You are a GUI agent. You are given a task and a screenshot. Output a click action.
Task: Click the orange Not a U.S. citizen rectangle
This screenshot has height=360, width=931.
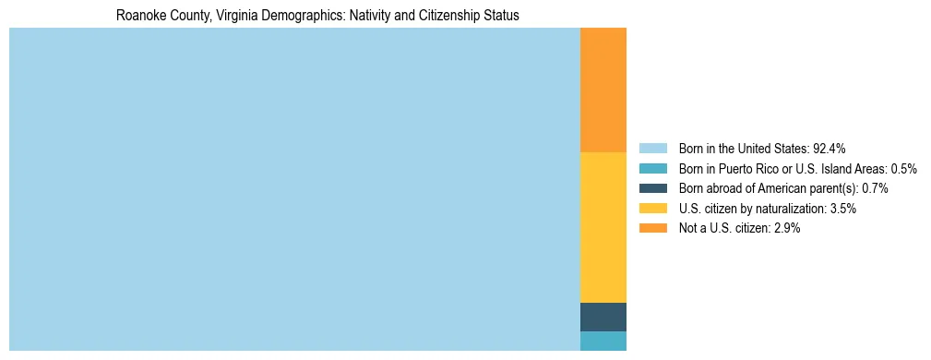(x=603, y=90)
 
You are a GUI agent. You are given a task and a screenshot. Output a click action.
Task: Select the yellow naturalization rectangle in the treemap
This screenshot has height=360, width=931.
(x=603, y=227)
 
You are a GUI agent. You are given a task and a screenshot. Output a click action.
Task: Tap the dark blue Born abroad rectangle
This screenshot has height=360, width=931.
(x=603, y=317)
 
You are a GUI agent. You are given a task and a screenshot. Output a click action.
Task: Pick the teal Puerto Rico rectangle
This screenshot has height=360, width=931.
(x=603, y=341)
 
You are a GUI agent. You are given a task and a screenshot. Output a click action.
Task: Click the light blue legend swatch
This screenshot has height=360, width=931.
(x=652, y=148)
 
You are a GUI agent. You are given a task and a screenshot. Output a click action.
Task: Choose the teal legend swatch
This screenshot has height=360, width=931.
(x=652, y=168)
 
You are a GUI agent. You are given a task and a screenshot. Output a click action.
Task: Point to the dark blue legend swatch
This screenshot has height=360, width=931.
(x=652, y=188)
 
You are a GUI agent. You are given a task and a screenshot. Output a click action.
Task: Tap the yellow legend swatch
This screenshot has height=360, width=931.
(x=652, y=209)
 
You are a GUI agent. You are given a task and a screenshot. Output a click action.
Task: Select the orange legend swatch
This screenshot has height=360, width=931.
(x=652, y=228)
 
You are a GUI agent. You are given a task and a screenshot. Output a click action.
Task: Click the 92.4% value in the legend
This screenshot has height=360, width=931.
(x=829, y=148)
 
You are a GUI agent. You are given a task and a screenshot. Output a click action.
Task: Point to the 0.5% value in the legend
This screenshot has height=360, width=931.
(x=903, y=168)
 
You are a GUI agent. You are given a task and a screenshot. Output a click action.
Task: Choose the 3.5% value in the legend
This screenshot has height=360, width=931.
(x=842, y=209)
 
